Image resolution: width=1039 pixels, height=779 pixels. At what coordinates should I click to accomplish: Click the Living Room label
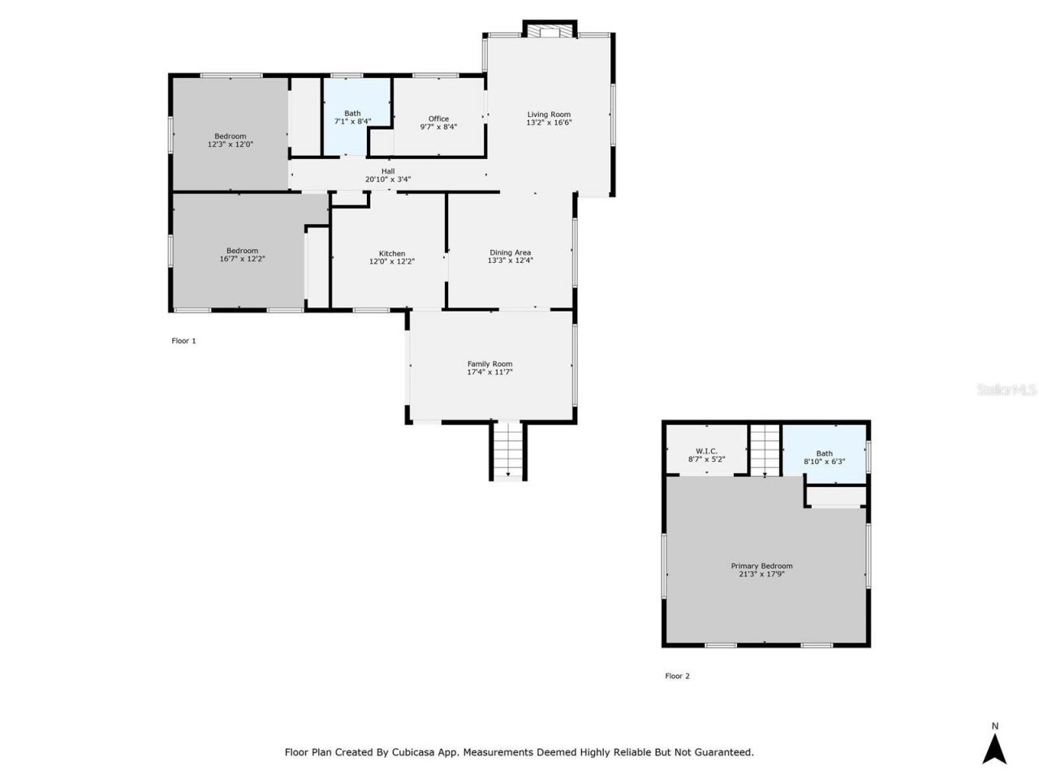coord(549,114)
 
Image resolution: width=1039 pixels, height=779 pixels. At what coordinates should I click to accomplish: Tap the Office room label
coord(438,118)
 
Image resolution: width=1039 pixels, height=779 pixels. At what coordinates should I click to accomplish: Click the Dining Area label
coord(510,252)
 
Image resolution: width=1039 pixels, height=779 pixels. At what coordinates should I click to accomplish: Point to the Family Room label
coord(489,364)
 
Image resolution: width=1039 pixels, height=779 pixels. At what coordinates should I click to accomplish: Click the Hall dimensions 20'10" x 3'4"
coord(388,179)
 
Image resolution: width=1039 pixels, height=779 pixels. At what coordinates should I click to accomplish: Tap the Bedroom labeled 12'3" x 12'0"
coord(230,140)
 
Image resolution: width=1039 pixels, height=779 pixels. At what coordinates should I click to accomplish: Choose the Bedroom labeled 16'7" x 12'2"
coord(242,255)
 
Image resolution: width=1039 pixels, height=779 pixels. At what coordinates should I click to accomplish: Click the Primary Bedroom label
coord(761,566)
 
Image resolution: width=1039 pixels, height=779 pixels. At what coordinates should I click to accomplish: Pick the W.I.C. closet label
coord(706,451)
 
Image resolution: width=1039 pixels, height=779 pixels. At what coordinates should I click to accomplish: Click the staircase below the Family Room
coord(508,451)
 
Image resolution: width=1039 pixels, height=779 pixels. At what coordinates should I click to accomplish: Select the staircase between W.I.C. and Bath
coord(764,451)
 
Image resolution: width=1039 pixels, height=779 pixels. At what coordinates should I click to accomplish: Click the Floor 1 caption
coord(183,341)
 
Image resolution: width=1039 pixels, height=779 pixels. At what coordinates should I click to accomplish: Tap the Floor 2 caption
coord(677,676)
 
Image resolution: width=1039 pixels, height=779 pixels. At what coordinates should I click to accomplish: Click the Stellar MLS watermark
coord(1007,390)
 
